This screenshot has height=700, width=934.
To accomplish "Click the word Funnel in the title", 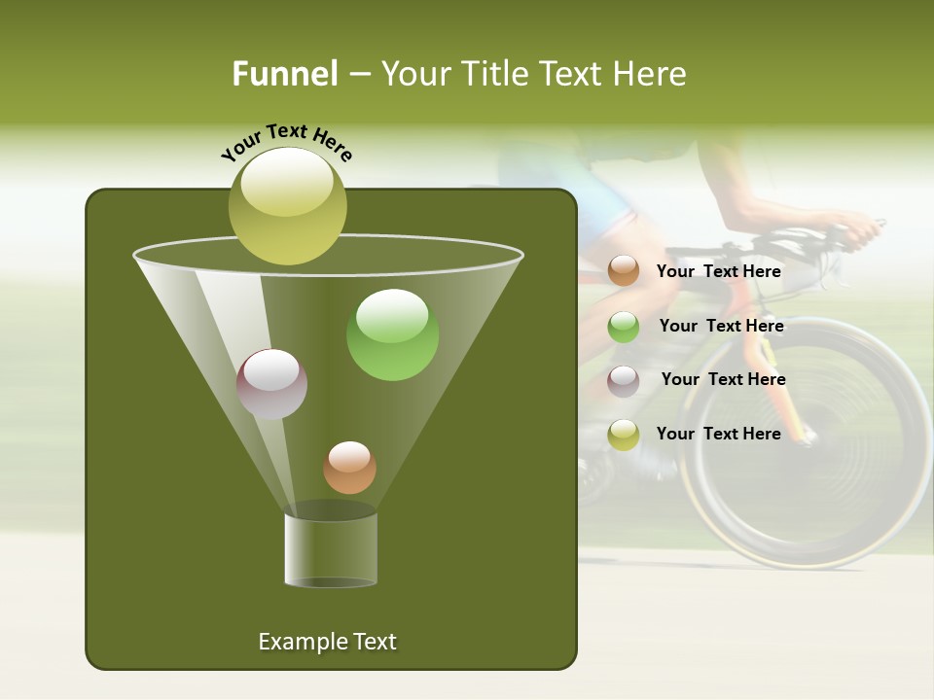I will tap(284, 74).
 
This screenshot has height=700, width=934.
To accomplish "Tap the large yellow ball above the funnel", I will tap(287, 206).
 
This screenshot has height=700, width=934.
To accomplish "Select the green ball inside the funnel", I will tap(392, 334).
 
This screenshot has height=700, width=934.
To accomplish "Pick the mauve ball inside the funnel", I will tap(271, 384).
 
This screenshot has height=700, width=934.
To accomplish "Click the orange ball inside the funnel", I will tap(349, 468).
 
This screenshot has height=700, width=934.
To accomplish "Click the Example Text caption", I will tap(327, 642).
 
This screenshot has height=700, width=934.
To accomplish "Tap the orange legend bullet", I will tap(624, 271).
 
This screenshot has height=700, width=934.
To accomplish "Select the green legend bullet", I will tap(624, 327).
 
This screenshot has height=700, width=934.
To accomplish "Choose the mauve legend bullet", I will tap(624, 380).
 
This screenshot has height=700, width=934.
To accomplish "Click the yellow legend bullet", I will tap(624, 435).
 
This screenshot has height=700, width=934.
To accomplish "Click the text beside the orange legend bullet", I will tap(718, 271).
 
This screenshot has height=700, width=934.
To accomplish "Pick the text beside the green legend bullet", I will tap(721, 327).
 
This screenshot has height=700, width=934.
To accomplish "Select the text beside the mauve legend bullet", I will tap(723, 380).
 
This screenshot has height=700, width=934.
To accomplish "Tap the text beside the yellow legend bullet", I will tap(718, 434).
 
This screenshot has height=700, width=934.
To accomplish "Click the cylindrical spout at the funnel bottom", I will tap(331, 549).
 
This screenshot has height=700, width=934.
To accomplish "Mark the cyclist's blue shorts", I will tap(603, 204).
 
